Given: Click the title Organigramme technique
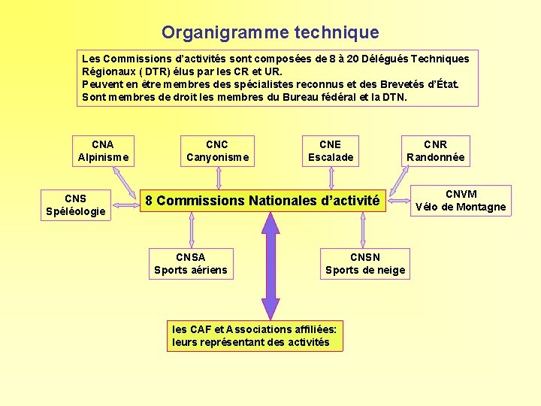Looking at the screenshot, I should click(x=270, y=33).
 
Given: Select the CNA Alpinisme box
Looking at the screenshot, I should click(x=103, y=150).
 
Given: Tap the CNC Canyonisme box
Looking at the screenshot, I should click(x=217, y=150).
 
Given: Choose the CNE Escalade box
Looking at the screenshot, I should click(x=330, y=150).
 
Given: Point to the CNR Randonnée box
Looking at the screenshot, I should click(x=435, y=150).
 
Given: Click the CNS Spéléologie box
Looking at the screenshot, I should click(x=75, y=205).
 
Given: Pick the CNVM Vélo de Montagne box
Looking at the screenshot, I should click(x=461, y=201).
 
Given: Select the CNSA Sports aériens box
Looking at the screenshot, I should click(x=190, y=263).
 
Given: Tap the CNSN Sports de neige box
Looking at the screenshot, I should click(x=364, y=263).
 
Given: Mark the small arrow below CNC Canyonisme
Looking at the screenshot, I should click(x=218, y=177).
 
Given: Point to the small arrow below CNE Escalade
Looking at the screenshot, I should click(x=331, y=177).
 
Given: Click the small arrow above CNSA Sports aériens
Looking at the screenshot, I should click(x=190, y=229).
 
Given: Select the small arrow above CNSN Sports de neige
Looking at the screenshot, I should click(x=362, y=229).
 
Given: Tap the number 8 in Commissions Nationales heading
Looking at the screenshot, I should click(x=149, y=201).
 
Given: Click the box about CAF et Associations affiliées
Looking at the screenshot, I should click(x=255, y=335).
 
